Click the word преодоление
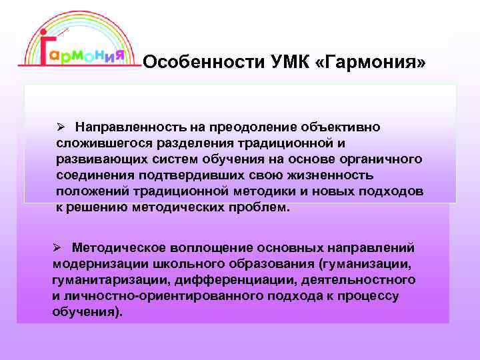[241, 127]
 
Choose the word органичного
[384, 159]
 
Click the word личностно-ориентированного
[157, 295]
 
